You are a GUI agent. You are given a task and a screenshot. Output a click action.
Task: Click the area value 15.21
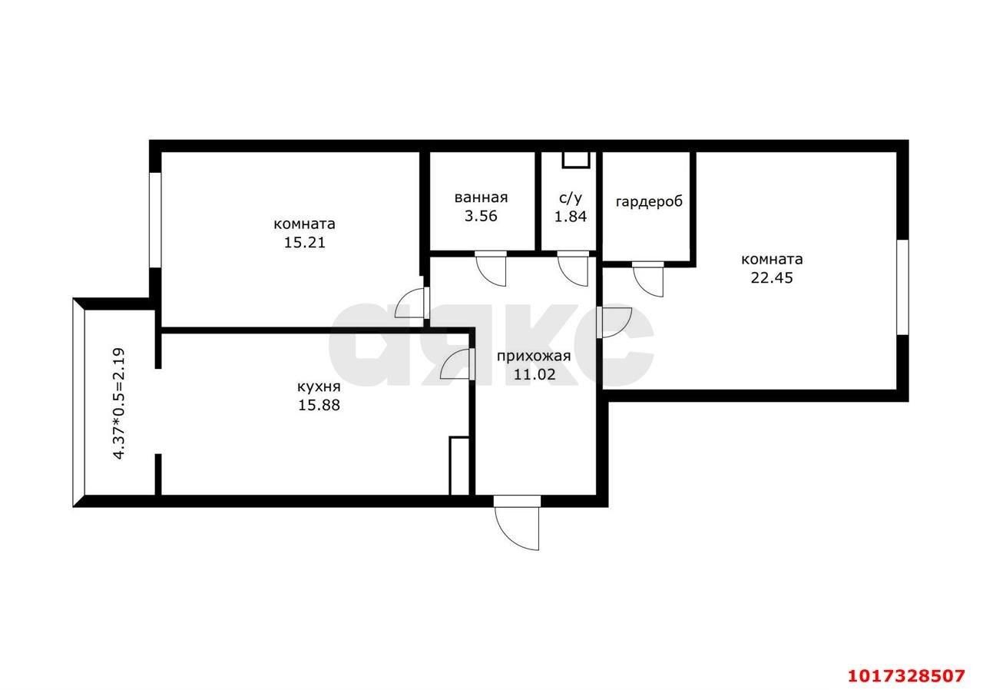[305, 243]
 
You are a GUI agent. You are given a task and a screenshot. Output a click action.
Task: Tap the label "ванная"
[481, 197]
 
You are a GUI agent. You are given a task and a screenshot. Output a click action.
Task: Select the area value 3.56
[481, 217]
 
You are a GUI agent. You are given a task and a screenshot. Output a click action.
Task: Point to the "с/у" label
[571, 198]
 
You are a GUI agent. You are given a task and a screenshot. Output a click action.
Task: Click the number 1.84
[571, 217]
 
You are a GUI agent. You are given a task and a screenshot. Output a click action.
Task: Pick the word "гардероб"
[649, 201]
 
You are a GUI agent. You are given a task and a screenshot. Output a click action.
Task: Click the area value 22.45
[772, 278]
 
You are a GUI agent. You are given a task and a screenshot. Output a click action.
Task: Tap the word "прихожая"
[534, 357]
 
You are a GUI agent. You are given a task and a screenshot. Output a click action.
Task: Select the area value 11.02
[535, 374]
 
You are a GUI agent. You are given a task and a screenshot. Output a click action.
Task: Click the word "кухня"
[319, 387]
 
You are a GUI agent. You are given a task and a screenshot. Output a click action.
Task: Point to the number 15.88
[319, 405]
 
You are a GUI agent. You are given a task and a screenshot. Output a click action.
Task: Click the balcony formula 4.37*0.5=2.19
[119, 403]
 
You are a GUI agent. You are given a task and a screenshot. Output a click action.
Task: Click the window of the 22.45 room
[902, 287]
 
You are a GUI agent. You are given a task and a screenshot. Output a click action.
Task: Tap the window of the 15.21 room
[155, 220]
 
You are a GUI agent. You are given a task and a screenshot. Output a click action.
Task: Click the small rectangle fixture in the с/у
[576, 160]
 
